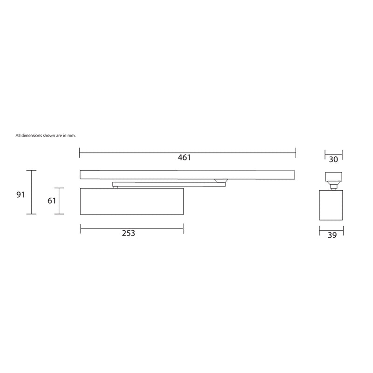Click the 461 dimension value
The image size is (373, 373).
click(184, 158)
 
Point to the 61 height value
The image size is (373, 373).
click(52, 201)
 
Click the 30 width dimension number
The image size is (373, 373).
click(333, 159)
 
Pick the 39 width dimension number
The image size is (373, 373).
click(332, 235)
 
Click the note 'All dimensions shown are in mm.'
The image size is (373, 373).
click(45, 135)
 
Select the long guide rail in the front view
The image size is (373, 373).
click(187, 174)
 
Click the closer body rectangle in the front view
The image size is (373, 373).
click(131, 201)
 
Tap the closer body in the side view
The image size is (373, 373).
click(332, 205)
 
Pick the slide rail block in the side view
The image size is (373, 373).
click(333, 178)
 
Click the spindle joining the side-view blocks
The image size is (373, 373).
click(333, 187)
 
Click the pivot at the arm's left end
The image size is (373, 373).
click(115, 186)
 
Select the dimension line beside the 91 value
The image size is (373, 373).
click(31, 192)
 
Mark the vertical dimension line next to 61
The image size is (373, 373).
click(59, 201)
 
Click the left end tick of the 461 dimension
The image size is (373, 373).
click(80, 151)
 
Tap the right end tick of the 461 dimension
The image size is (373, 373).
click(296, 151)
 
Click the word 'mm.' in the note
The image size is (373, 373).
click(72, 135)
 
